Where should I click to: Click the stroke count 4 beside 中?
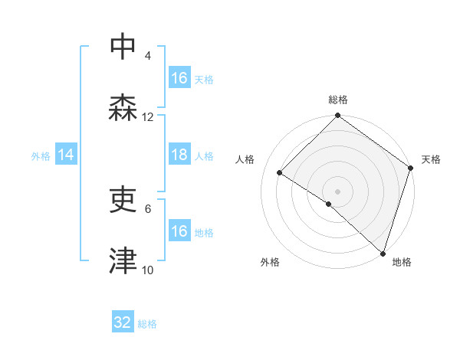[148, 56]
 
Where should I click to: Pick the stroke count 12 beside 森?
[148, 117]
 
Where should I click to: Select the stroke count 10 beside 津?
[148, 270]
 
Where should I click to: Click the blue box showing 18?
[179, 155]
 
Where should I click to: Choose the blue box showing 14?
[66, 155]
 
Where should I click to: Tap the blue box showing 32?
[123, 322]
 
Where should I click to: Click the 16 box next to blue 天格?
[179, 78]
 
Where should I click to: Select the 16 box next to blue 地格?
[179, 231]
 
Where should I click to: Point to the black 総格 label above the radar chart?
[338, 100]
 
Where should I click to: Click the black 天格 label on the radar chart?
[432, 159]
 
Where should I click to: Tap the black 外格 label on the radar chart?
[270, 263]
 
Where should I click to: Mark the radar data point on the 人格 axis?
[280, 172]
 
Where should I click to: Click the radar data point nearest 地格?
[383, 252]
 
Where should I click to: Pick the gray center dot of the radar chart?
[338, 191]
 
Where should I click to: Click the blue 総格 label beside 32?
[147, 324]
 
